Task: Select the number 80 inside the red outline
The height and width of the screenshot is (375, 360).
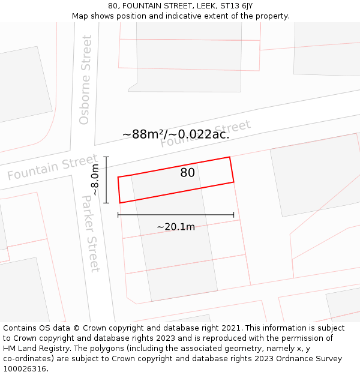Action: click(x=187, y=173)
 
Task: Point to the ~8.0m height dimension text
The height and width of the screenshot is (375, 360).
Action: click(x=94, y=180)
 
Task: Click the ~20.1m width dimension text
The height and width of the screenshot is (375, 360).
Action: click(x=176, y=227)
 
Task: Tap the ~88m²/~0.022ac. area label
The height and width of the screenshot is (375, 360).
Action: click(x=176, y=134)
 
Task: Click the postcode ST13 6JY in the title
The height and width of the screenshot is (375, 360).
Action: click(x=236, y=6)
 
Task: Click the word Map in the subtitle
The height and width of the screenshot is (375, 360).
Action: click(x=81, y=16)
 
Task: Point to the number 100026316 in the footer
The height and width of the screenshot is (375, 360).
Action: click(x=25, y=369)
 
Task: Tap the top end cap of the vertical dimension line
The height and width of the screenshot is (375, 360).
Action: click(x=106, y=157)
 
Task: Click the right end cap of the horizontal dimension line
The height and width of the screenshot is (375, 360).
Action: click(x=234, y=214)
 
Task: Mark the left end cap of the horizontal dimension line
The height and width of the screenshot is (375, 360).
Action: click(x=118, y=214)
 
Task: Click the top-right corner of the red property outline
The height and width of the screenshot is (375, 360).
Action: click(x=230, y=157)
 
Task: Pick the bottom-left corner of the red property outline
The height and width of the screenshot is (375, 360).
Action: click(x=120, y=203)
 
